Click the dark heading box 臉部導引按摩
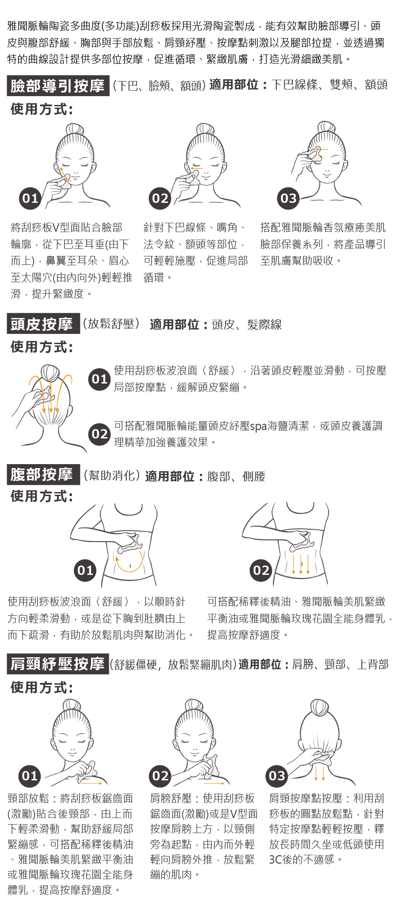coord(58,86)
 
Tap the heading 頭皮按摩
coord(43,324)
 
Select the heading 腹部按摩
coord(43,475)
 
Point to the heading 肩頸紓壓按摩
coord(58,664)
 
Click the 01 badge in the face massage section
coord(30,198)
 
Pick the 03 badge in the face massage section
coord(288,198)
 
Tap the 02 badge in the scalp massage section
coord(99,434)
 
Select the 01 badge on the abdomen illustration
coord(85,570)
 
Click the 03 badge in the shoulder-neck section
coord(277,776)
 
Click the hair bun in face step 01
coord(75,129)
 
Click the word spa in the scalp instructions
coord(259,426)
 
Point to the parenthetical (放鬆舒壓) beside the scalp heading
coord(111,324)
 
